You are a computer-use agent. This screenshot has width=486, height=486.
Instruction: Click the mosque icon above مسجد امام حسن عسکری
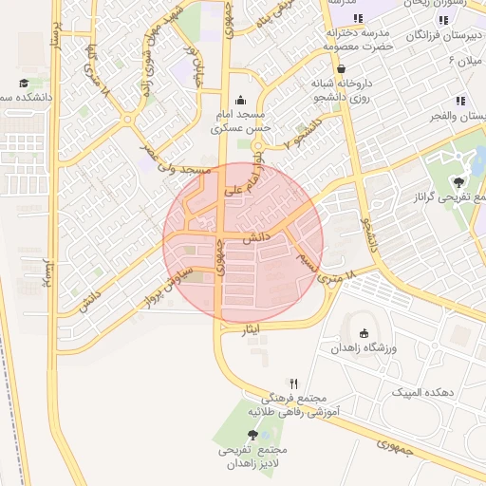(240, 99)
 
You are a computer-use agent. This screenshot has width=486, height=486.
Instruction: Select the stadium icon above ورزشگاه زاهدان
(364, 332)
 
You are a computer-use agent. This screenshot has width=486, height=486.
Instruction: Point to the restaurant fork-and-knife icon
(293, 383)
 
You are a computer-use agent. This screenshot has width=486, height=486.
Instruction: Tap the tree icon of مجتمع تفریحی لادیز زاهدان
(252, 434)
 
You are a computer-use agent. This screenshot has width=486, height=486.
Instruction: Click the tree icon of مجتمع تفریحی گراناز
(460, 179)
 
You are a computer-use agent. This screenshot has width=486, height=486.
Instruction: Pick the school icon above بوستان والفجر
(460, 101)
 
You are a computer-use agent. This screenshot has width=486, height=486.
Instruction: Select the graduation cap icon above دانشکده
(24, 84)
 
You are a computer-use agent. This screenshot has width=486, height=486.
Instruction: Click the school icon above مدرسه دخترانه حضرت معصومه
(358, 18)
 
